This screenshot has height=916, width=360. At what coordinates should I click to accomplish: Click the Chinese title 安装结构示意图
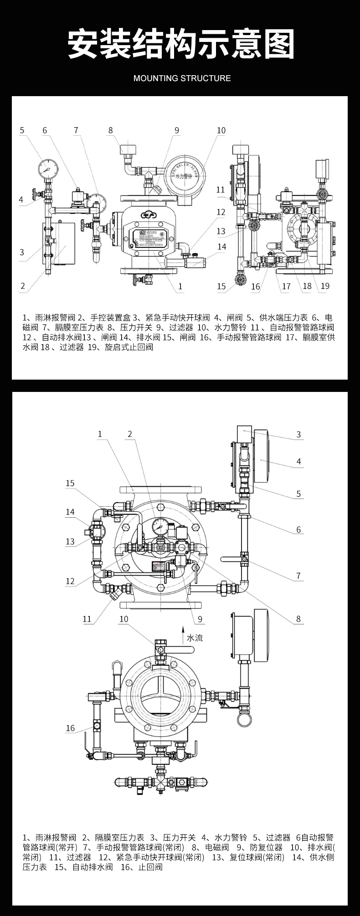pyautogui.click(x=180, y=45)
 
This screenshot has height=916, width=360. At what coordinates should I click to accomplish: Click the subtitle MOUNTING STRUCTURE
pyautogui.click(x=182, y=78)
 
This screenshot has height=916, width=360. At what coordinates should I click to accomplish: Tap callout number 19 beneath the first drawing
pyautogui.click(x=325, y=286)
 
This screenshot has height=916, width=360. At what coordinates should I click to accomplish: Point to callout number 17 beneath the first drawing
pyautogui.click(x=286, y=286)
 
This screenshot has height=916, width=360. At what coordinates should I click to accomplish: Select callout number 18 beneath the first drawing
pyautogui.click(x=307, y=286)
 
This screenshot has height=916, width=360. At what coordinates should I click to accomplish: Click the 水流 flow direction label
pyautogui.click(x=195, y=638)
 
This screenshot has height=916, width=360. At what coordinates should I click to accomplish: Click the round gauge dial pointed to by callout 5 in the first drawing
pyautogui.click(x=48, y=169)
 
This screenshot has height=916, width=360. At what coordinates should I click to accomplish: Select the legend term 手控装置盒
pyautogui.click(x=110, y=318)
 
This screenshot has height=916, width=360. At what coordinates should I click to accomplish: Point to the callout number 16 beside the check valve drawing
pyautogui.click(x=70, y=728)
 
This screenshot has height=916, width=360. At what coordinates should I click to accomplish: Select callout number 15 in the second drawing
pyautogui.click(x=70, y=483)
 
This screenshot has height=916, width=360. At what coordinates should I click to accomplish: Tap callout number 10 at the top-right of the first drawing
pyautogui.click(x=221, y=130)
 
